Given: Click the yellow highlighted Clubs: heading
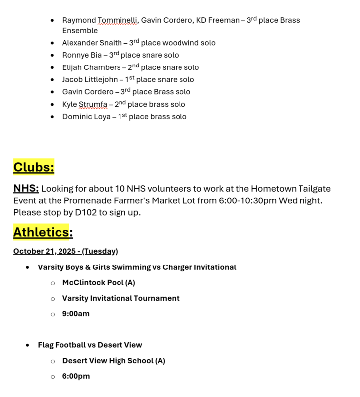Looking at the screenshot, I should tap(34, 167).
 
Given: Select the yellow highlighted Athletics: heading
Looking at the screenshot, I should tap(43, 232).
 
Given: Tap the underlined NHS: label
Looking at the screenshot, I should tap(26, 189).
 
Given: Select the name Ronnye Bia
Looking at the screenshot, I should tap(81, 55).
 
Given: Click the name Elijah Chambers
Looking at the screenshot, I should tap(91, 67).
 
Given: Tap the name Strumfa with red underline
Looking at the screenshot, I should tap(93, 105).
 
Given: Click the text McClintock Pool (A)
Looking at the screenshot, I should tap(99, 283).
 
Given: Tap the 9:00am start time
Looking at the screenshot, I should tap(76, 314).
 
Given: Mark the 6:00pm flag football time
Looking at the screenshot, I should tap(76, 376).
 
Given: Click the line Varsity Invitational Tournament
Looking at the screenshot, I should tap(120, 298).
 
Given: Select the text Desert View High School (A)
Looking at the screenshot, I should tap(114, 361).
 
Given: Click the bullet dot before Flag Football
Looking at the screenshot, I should tap(28, 345).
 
